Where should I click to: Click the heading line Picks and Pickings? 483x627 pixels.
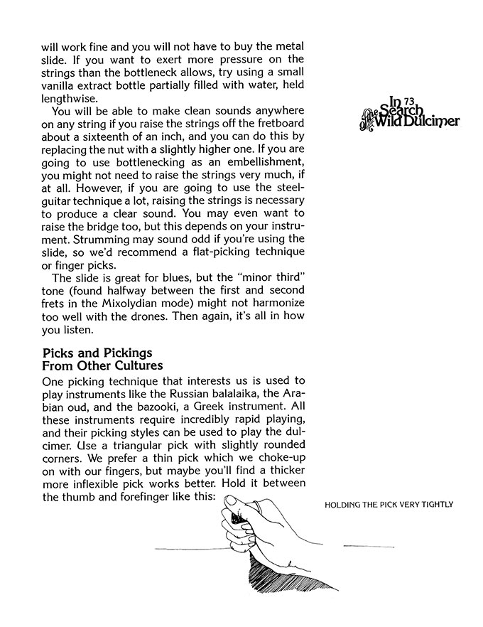pyautogui.click(x=97, y=353)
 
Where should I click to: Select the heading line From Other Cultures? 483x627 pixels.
pyautogui.click(x=103, y=365)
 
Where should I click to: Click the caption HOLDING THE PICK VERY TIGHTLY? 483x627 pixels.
pyautogui.click(x=388, y=505)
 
